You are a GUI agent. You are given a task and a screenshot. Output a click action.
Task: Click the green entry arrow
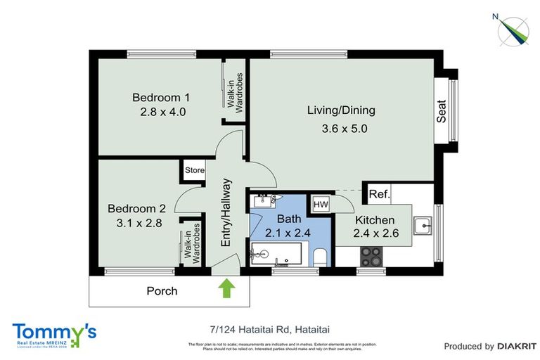coord(227,288)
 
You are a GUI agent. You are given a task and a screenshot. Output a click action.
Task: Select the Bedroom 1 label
coord(162,98)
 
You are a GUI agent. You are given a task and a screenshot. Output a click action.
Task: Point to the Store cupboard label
coord(195,170)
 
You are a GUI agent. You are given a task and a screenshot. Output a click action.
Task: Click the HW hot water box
coord(321,204)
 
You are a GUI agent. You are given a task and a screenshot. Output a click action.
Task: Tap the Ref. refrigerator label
coord(379,194)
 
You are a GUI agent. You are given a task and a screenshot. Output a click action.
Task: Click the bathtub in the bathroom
coord(276,253)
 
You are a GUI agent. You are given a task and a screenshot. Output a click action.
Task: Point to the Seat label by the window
coord(442,110)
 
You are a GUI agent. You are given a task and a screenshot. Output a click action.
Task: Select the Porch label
coord(162,290)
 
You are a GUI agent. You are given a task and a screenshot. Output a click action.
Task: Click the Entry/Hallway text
coord(226,212)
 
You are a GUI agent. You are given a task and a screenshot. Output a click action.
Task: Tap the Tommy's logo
coord(54,334)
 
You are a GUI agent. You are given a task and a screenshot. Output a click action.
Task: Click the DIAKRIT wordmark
coord(517,346)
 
